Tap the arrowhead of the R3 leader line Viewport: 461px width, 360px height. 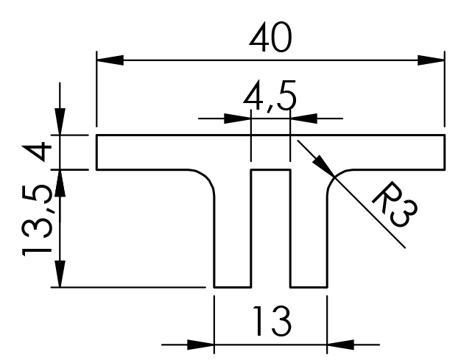(326, 167)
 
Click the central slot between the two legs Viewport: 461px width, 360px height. (271, 228)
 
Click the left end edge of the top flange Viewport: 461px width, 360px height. (98, 152)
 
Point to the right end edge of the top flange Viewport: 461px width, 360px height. (445, 152)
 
